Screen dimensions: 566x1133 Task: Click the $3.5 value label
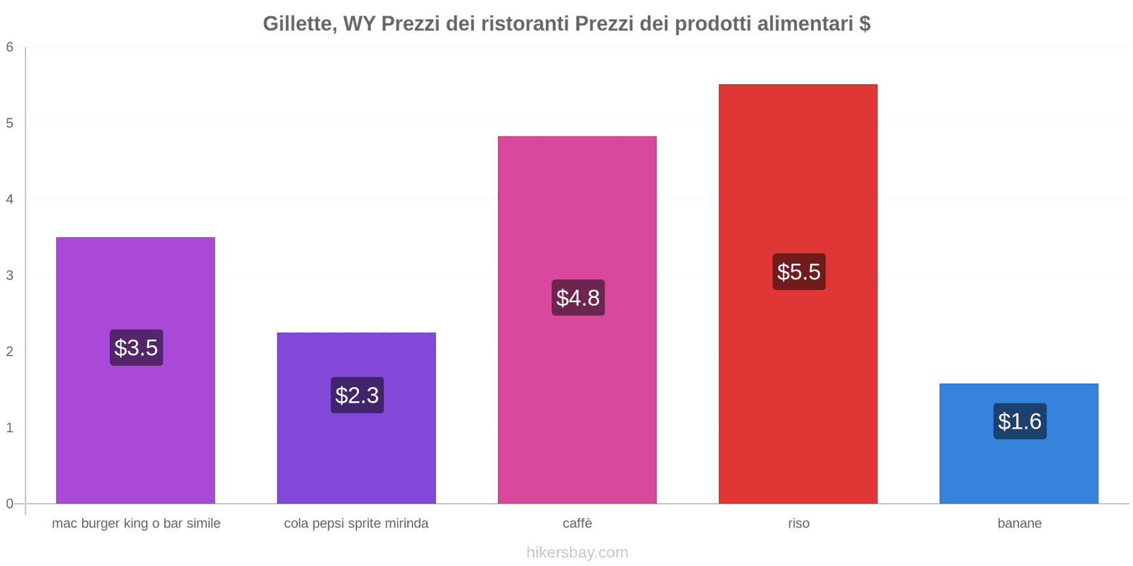[136, 347]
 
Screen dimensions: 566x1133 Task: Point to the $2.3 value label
[357, 395]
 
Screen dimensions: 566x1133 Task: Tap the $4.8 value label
[578, 298]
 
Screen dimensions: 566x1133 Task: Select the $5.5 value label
[799, 272]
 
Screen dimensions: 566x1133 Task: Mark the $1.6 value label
[1020, 421]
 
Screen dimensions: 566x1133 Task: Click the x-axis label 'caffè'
[577, 524]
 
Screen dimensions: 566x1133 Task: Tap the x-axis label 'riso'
[799, 524]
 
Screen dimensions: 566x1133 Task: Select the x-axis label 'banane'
[1020, 524]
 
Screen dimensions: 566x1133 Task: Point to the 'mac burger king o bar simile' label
[136, 524]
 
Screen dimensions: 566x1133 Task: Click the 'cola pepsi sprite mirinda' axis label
[356, 524]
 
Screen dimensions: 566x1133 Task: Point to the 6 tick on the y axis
[10, 47]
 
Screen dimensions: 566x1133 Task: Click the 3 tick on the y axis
[10, 275]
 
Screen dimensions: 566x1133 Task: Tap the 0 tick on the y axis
[10, 504]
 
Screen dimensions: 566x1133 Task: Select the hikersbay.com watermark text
[577, 553]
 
